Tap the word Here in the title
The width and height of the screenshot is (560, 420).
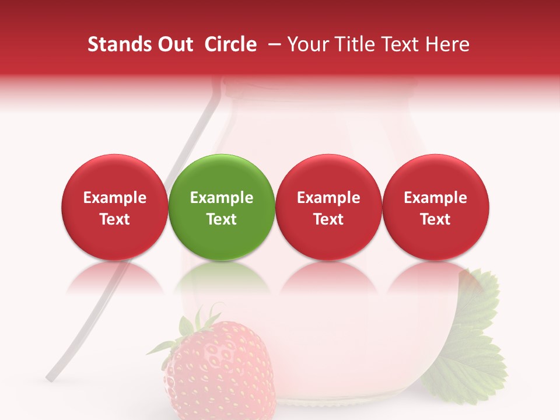pos(447,44)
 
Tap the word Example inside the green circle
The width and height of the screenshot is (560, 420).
pos(222,198)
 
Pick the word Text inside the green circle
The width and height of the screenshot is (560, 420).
pos(222,219)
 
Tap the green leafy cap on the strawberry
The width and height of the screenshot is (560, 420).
pos(192,327)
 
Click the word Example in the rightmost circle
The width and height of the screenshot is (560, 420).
pos(435,198)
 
